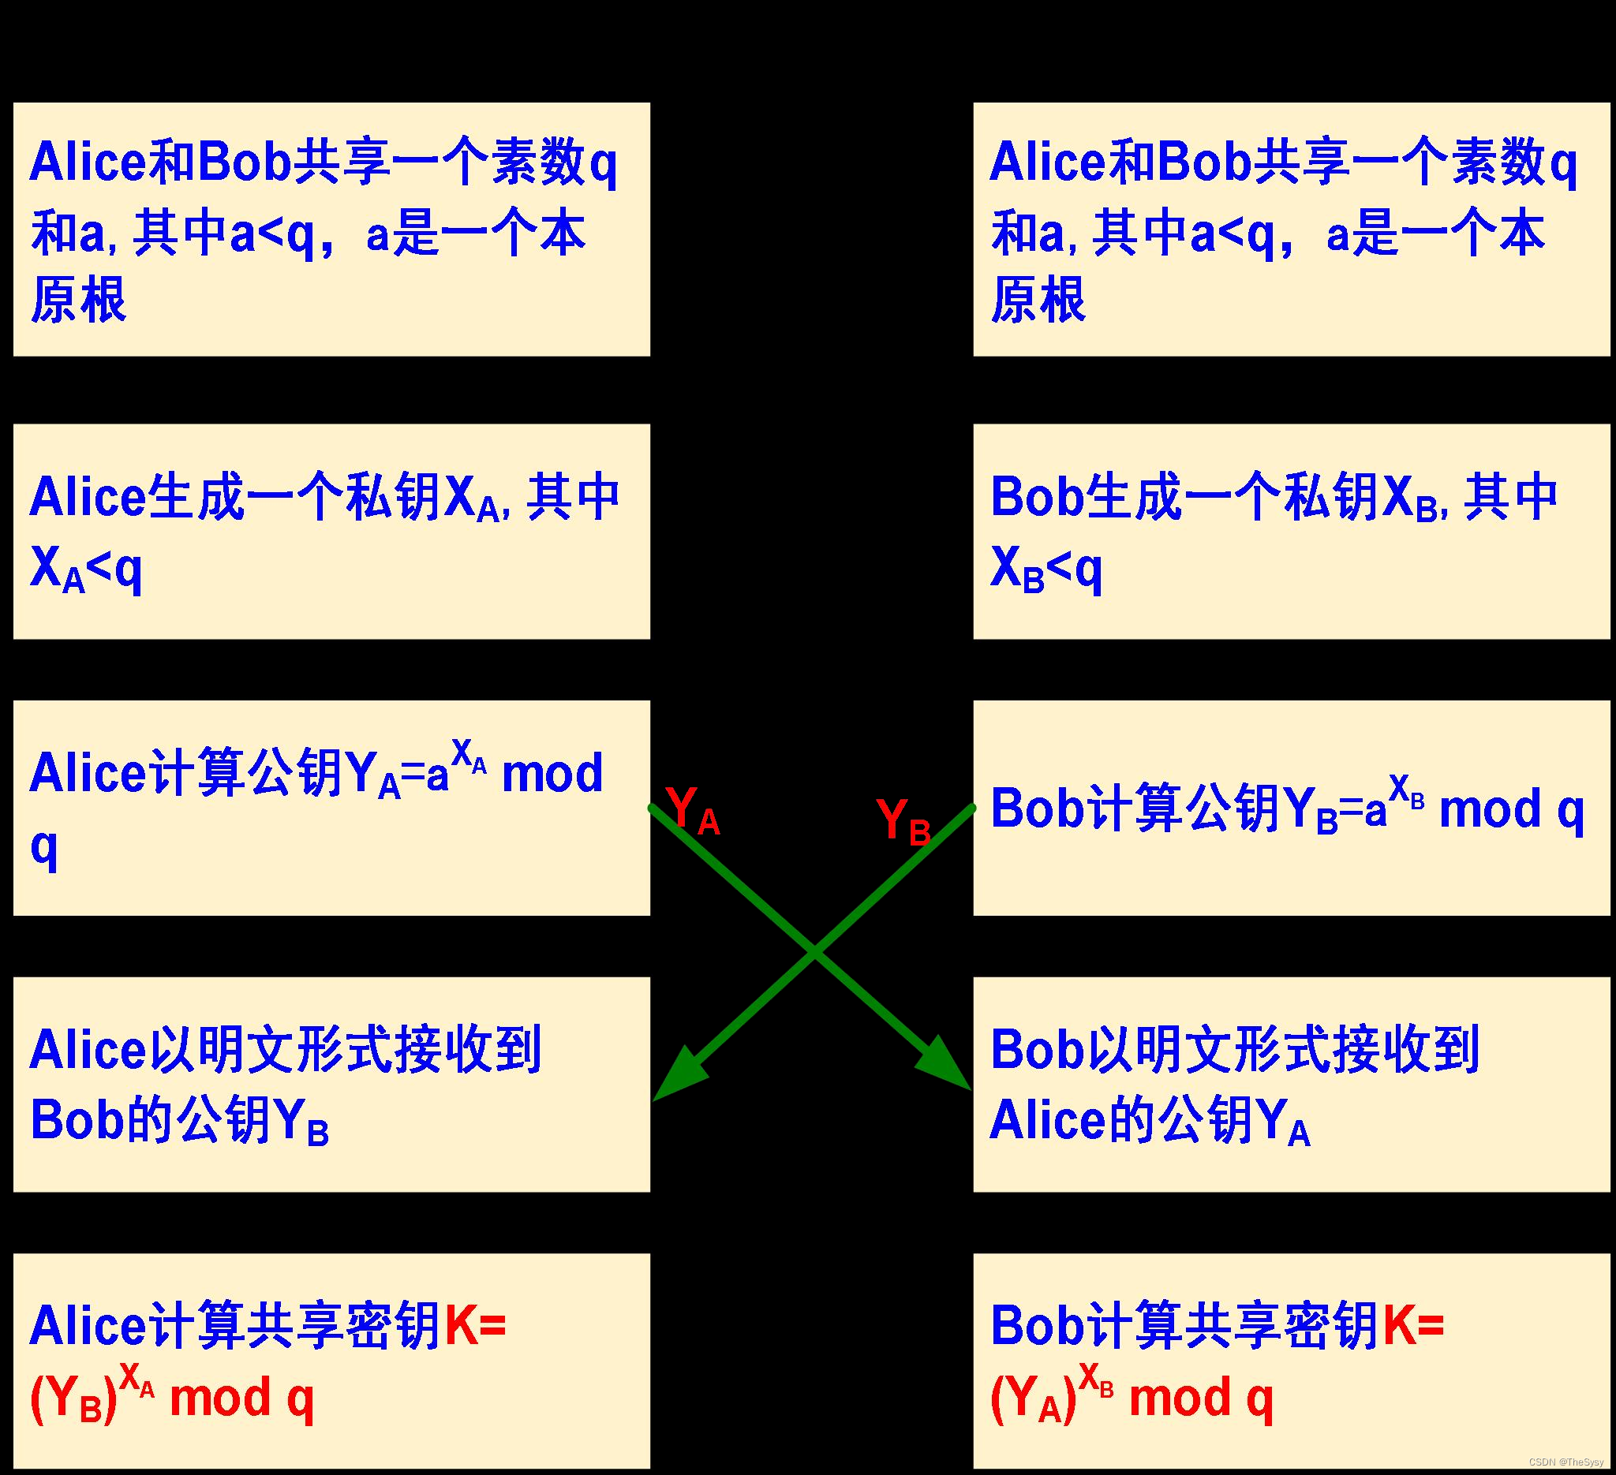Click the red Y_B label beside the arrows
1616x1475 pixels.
pyautogui.click(x=903, y=820)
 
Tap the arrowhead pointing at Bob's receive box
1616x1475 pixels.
pyautogui.click(x=946, y=1062)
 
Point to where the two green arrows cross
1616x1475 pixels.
pyautogui.click(x=814, y=953)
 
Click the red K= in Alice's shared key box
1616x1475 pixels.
pyautogui.click(x=474, y=1326)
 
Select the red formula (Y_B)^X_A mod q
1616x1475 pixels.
pyautogui.click(x=171, y=1398)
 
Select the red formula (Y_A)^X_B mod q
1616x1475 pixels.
pyautogui.click(x=1131, y=1398)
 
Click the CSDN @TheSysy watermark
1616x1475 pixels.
pyautogui.click(x=1566, y=1462)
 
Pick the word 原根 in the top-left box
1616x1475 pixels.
pyautogui.click(x=79, y=300)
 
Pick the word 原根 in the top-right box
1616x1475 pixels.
pyautogui.click(x=1038, y=300)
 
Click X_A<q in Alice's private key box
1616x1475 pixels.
pyautogui.click(x=86, y=569)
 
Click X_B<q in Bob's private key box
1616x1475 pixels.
pyautogui.click(x=1046, y=569)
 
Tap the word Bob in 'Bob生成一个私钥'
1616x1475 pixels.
pyautogui.click(x=1038, y=497)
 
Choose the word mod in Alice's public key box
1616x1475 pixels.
pyautogui.click(x=552, y=774)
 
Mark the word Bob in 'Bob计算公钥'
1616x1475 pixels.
pyautogui.click(x=1038, y=808)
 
